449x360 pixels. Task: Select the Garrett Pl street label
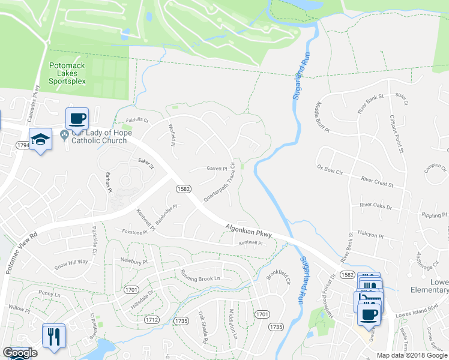(x=217, y=169)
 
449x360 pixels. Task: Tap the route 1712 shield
(x=152, y=320)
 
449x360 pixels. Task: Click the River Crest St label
(x=377, y=181)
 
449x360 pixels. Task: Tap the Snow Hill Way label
(x=71, y=263)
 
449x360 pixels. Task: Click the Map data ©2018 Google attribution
(x=412, y=355)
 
